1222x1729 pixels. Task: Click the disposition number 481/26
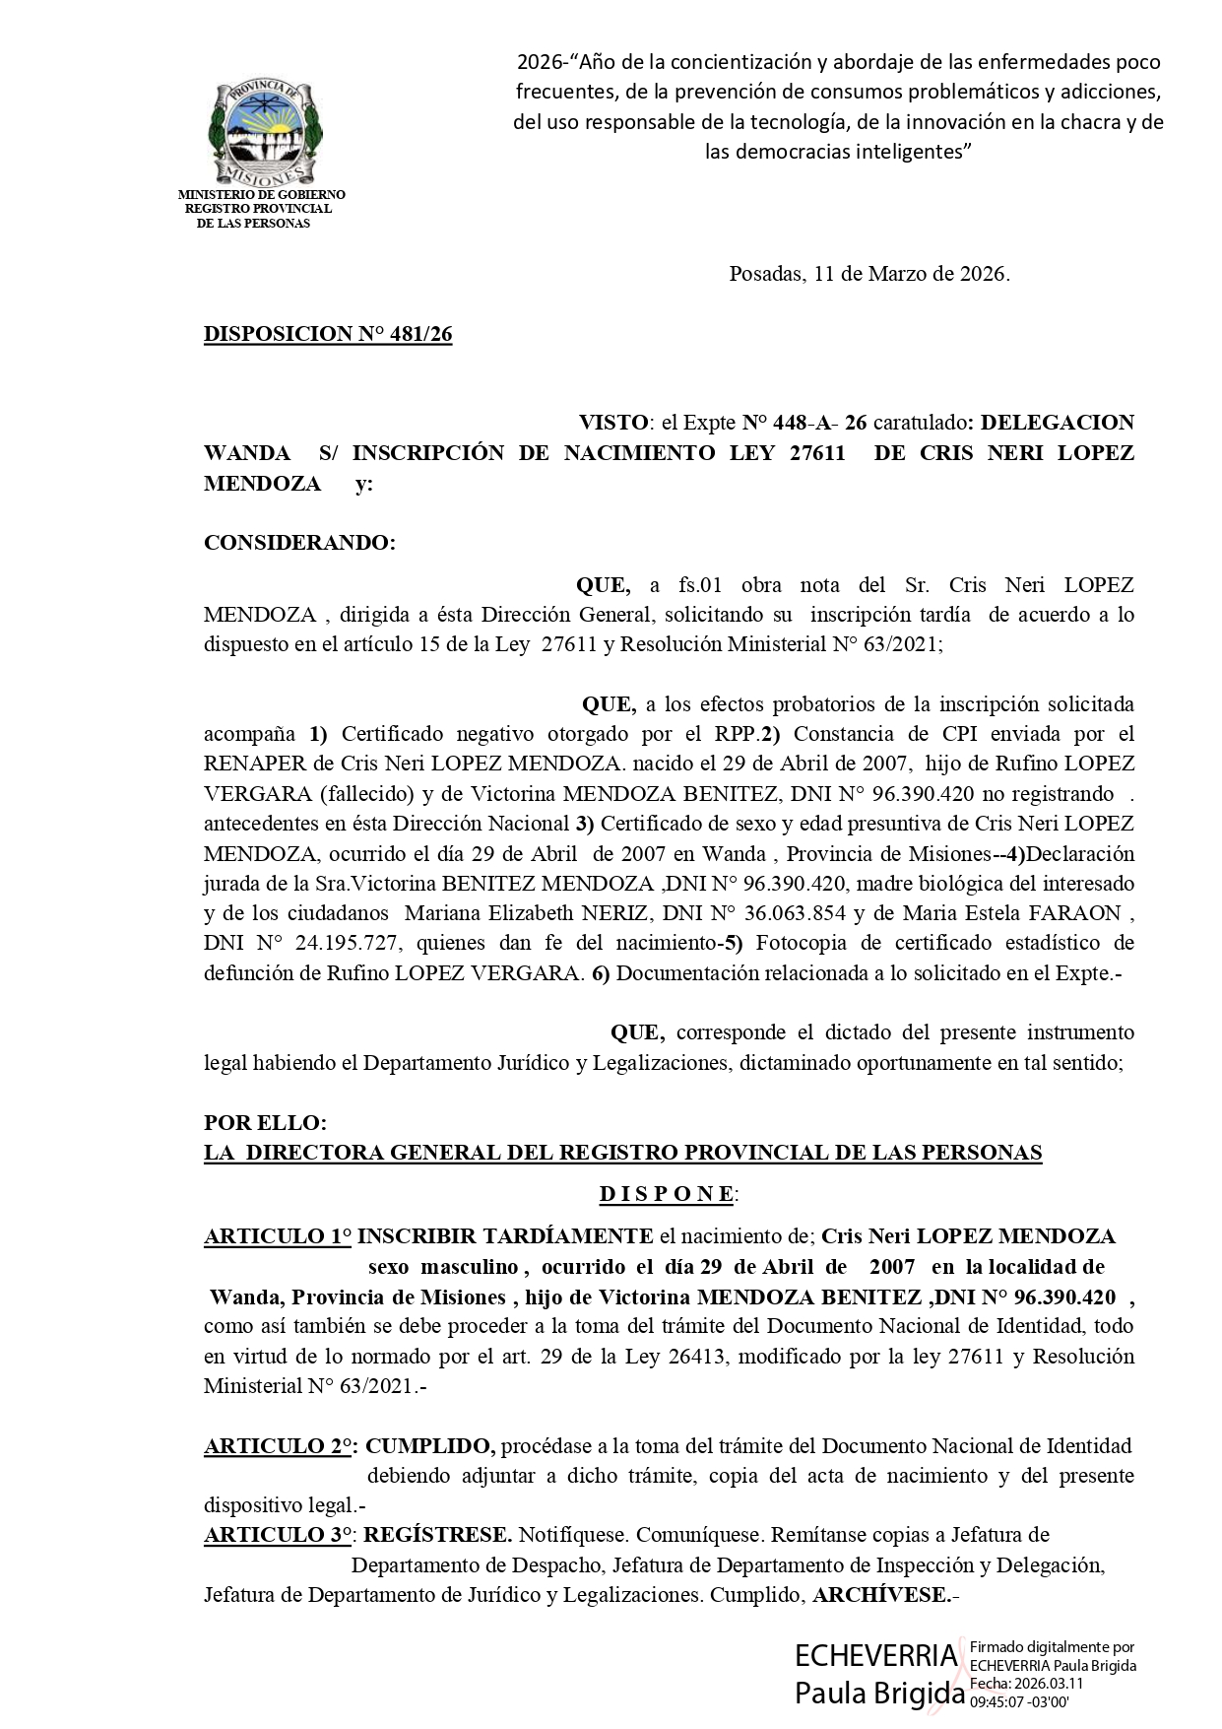(328, 334)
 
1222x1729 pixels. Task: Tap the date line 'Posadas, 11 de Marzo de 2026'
(869, 274)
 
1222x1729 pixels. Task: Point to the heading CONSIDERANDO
(299, 543)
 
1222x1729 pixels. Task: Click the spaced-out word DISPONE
(667, 1194)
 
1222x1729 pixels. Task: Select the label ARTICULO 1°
(277, 1236)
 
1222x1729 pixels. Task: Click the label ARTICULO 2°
(279, 1446)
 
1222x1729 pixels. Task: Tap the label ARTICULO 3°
(279, 1535)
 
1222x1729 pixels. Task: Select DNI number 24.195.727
(347, 943)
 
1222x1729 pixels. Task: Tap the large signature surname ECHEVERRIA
(875, 1656)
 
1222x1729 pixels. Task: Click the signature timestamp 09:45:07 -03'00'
(1020, 1700)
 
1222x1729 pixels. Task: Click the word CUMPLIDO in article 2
(429, 1446)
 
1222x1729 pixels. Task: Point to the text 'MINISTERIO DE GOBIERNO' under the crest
(261, 195)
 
